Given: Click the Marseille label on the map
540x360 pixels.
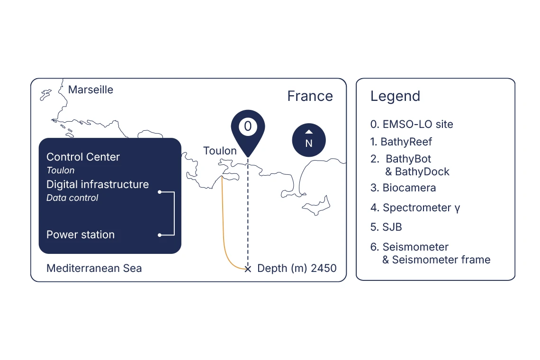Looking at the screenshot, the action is pyautogui.click(x=90, y=90).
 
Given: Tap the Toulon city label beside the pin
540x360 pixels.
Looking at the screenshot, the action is pyautogui.click(x=220, y=151).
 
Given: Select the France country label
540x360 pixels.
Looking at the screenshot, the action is pyautogui.click(x=310, y=96).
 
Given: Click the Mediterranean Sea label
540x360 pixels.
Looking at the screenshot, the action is pyautogui.click(x=94, y=268).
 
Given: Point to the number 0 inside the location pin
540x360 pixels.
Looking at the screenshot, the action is pyautogui.click(x=248, y=126).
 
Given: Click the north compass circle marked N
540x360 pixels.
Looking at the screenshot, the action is pyautogui.click(x=309, y=140).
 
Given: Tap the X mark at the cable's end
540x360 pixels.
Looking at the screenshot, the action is pyautogui.click(x=248, y=269).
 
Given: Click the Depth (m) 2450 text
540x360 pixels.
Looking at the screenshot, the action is pyautogui.click(x=297, y=268).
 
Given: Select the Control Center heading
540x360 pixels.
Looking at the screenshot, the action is pyautogui.click(x=83, y=157).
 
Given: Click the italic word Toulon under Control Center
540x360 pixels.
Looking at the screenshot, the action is pyautogui.click(x=61, y=170).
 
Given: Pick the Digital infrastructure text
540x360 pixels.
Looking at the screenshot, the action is pyautogui.click(x=98, y=184).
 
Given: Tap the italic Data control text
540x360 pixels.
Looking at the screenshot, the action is pyautogui.click(x=72, y=198).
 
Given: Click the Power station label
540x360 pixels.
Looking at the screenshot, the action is pyautogui.click(x=81, y=234).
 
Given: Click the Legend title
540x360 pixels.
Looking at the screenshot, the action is pyautogui.click(x=396, y=96).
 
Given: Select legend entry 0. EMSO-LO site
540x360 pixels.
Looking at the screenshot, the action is pyautogui.click(x=412, y=124).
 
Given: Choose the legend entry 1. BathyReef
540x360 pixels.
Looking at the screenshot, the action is pyautogui.click(x=401, y=142).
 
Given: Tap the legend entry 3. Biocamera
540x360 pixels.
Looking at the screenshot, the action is pyautogui.click(x=403, y=188).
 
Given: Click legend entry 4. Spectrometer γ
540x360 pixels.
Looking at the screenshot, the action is pyautogui.click(x=415, y=208).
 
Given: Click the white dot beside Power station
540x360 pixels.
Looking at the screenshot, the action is pyautogui.click(x=160, y=235).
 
